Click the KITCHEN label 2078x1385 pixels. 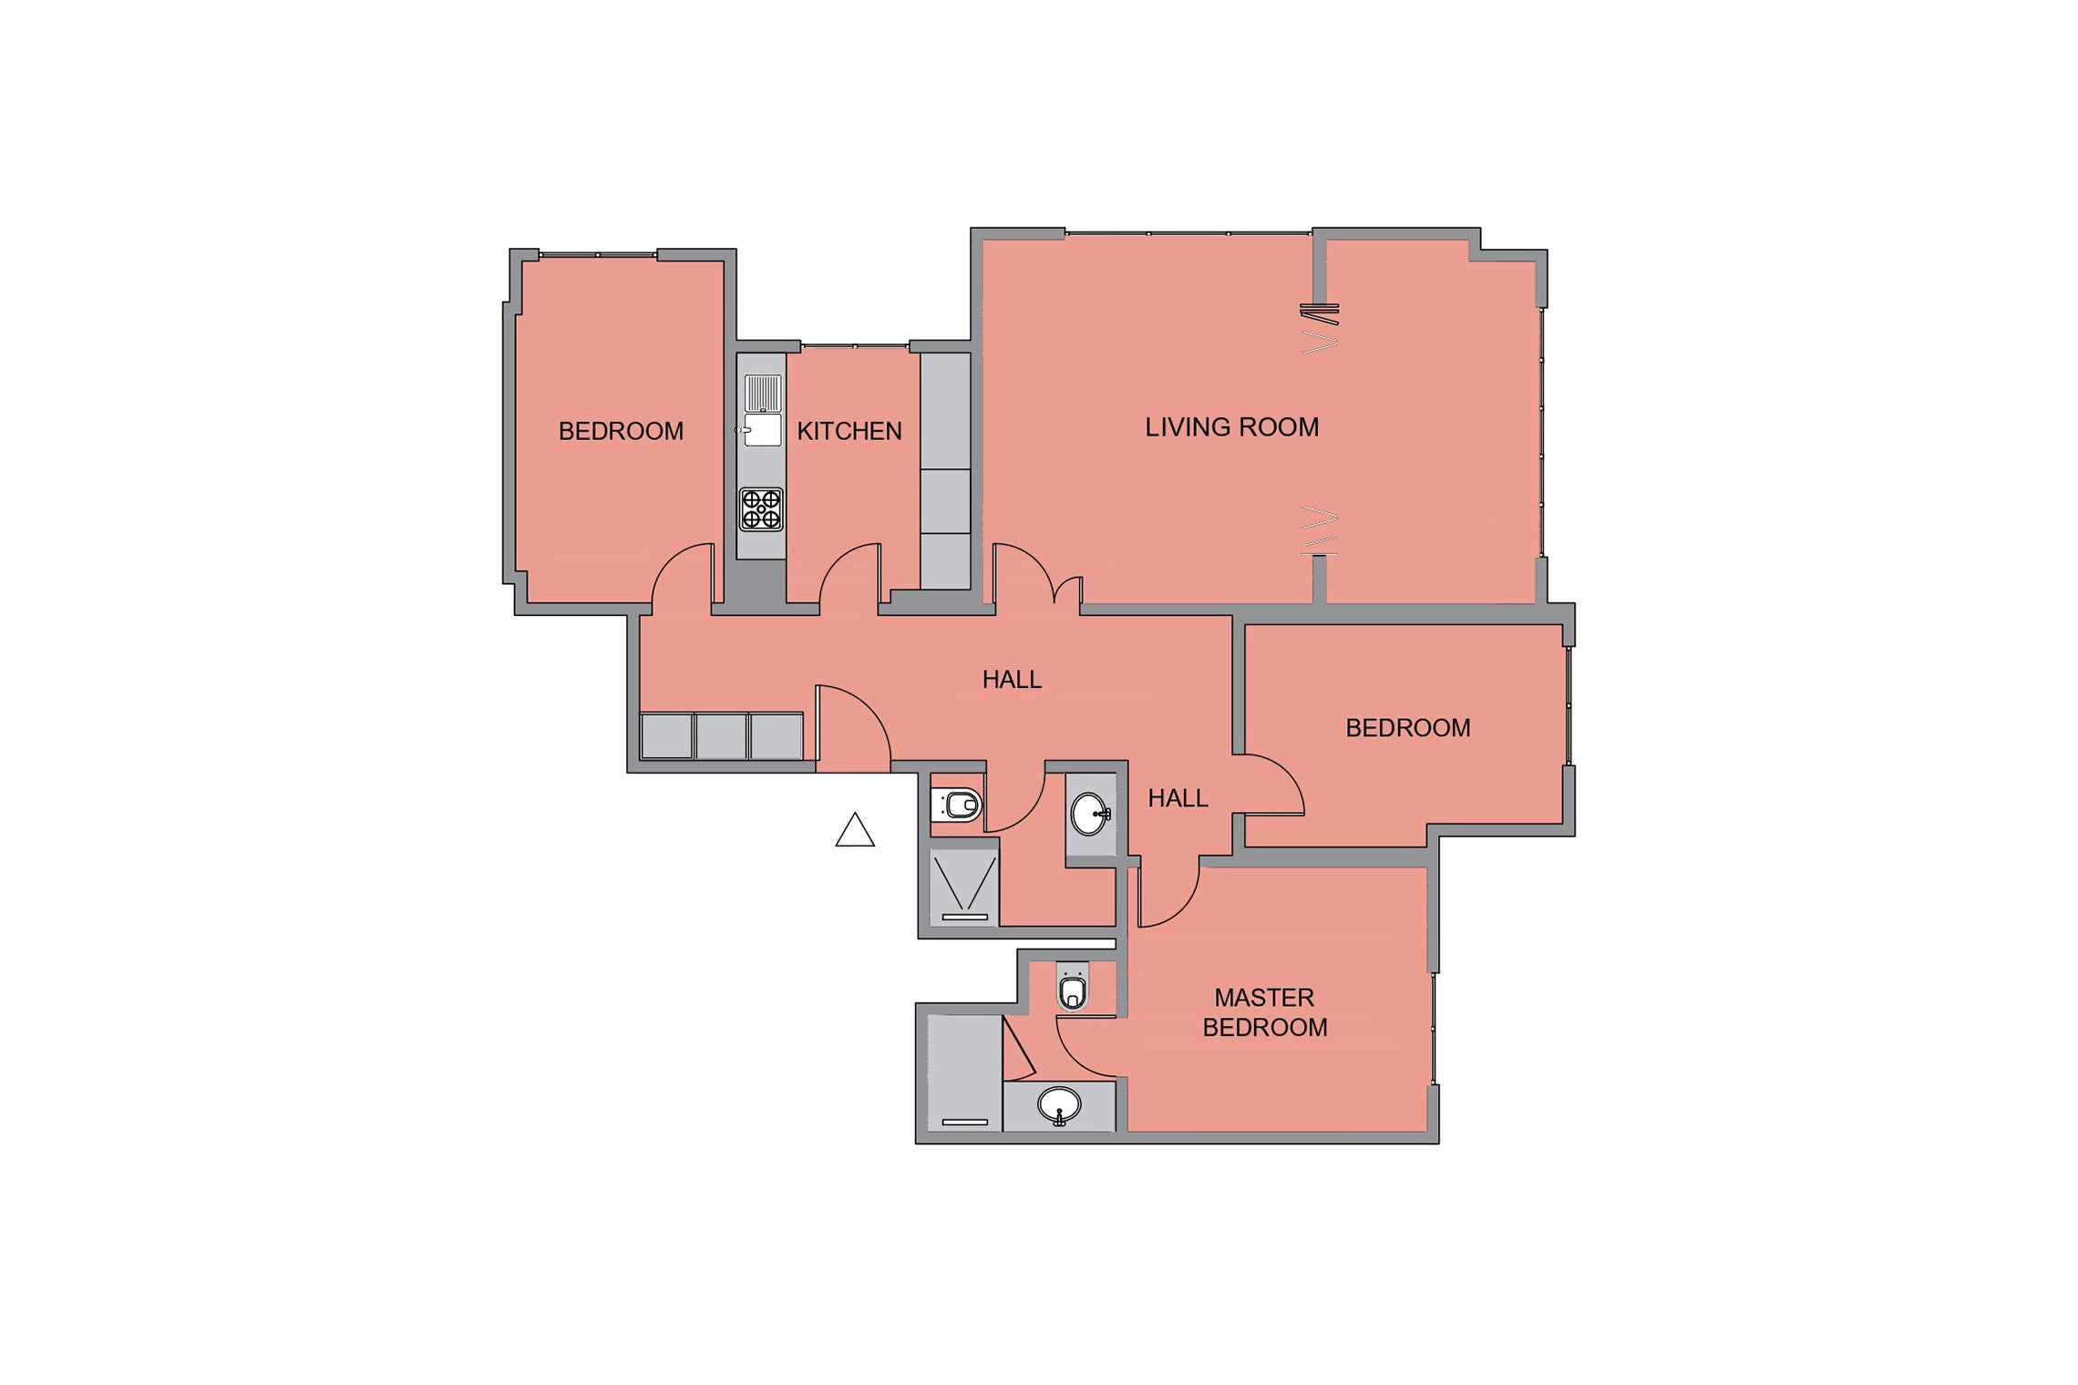849,431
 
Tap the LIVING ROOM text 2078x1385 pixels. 1231,427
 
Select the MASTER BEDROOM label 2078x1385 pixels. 1265,1012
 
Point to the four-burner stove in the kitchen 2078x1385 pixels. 761,509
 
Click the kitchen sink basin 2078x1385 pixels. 763,429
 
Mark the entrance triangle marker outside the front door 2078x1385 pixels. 855,830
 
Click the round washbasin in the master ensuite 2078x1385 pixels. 1059,1106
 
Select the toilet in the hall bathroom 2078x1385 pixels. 956,805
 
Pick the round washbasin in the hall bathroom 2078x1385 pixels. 1090,814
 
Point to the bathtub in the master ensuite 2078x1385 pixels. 965,1072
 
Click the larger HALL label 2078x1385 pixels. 1012,680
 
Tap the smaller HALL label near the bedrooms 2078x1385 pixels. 1178,798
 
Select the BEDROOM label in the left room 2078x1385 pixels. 621,431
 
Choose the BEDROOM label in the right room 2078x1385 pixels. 1408,728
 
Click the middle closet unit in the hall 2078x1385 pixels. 721,736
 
